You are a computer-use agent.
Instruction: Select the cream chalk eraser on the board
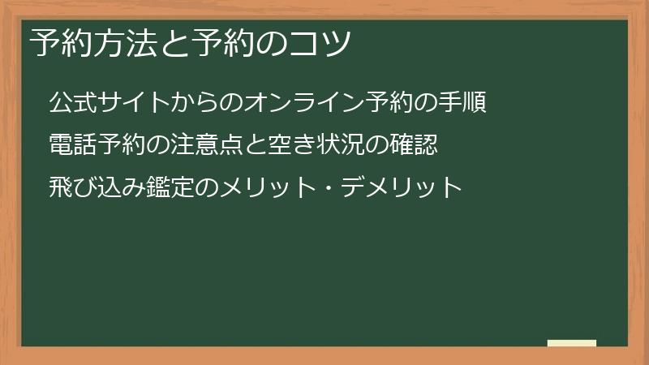(x=572, y=343)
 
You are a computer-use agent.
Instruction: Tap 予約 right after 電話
(x=116, y=145)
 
